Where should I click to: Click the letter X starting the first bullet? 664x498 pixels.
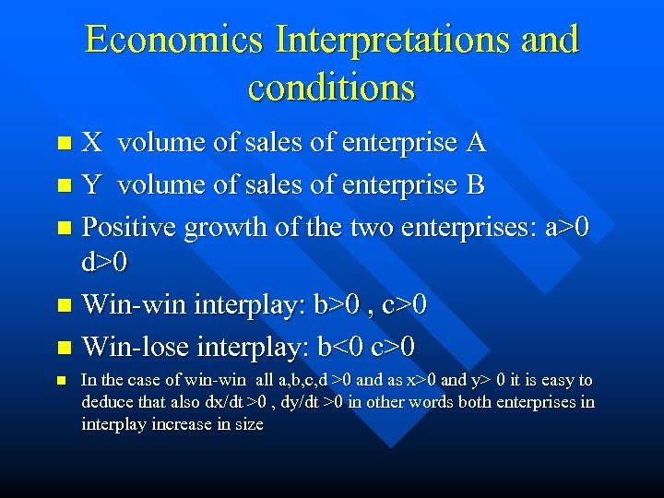coord(92,143)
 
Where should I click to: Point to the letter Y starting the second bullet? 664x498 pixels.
coord(91,185)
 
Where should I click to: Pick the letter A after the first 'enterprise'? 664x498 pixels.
coord(476,143)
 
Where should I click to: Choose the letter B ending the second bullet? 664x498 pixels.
coord(475,185)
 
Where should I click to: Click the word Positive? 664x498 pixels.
coord(129,227)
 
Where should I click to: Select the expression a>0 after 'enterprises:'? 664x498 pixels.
coord(572,227)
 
